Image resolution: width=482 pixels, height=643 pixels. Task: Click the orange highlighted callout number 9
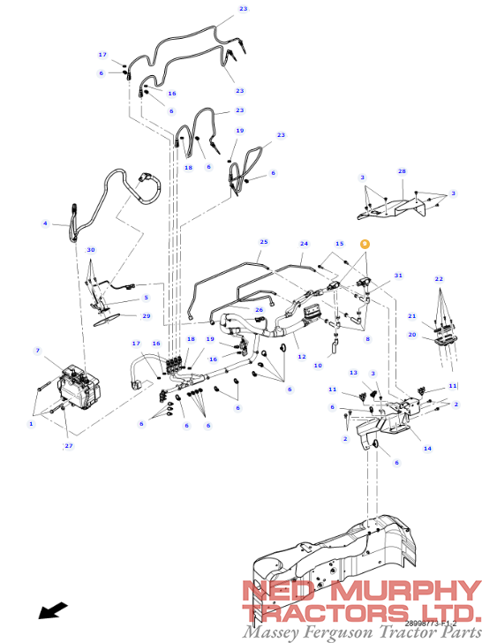[365, 244]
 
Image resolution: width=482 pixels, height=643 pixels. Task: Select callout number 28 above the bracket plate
[402, 171]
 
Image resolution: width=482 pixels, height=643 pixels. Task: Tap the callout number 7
[37, 351]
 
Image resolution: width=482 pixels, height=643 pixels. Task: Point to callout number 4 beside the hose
[45, 223]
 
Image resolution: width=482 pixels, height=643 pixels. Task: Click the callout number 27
[68, 446]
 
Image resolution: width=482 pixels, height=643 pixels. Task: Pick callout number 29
[147, 315]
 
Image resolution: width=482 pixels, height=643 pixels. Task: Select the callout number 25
[263, 241]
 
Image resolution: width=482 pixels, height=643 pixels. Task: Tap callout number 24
[304, 243]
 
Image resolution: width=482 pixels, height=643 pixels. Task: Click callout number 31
[398, 276]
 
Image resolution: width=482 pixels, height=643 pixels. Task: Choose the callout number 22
[439, 279]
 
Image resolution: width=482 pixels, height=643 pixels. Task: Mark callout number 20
[411, 335]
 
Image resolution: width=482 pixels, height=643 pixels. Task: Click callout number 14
[427, 449]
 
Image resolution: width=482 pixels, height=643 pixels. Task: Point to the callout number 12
[301, 357]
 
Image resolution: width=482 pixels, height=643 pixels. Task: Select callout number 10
[318, 365]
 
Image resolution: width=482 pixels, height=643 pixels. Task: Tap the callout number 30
[90, 250]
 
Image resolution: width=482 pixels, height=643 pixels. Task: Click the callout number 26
[260, 309]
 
